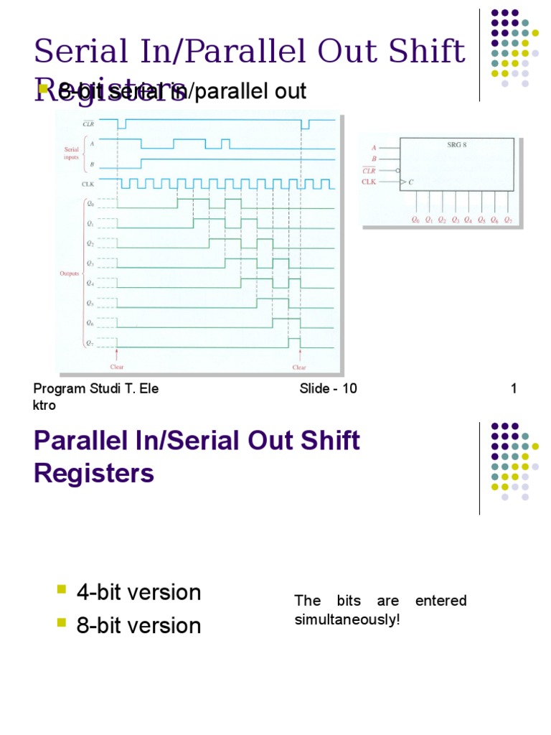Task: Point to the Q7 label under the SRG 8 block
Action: pos(508,220)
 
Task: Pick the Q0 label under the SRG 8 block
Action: pos(415,220)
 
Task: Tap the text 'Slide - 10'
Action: pos(328,389)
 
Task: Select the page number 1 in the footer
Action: pos(514,389)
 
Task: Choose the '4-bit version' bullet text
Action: pos(139,593)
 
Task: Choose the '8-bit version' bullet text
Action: pos(139,626)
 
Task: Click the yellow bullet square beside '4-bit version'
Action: pos(61,590)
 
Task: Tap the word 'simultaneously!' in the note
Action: pos(347,619)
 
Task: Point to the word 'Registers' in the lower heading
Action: pos(94,474)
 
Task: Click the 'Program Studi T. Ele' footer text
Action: pos(96,389)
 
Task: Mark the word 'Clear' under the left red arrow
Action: pos(117,367)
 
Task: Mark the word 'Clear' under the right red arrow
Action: pos(299,367)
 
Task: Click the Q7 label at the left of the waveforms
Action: pos(90,342)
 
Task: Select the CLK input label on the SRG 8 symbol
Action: pos(369,182)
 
